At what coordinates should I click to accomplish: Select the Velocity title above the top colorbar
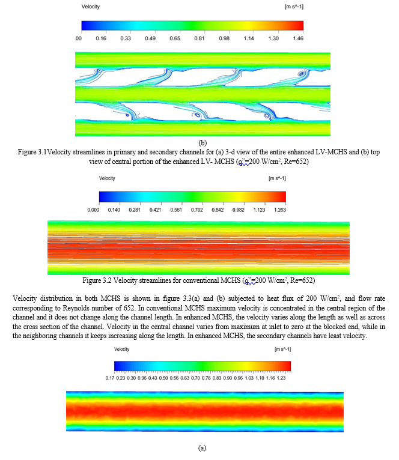90,6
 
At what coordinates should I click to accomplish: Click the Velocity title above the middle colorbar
108,178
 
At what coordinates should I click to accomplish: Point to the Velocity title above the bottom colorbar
123,348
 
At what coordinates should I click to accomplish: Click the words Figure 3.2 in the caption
112,280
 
